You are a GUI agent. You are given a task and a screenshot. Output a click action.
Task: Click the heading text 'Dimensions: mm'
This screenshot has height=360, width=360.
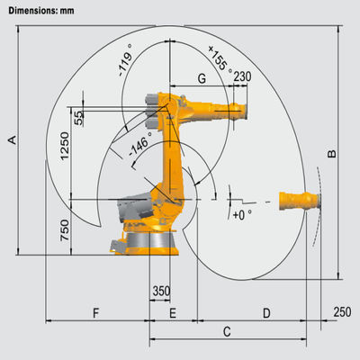point(36,11)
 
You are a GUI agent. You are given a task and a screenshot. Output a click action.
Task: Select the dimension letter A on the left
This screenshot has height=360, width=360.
point(12,139)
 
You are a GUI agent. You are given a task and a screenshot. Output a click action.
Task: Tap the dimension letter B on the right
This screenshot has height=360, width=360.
point(331,154)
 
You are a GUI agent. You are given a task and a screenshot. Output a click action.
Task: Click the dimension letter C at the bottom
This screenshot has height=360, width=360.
point(227,332)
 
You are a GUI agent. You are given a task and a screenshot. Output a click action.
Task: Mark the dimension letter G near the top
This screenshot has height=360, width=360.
point(202,80)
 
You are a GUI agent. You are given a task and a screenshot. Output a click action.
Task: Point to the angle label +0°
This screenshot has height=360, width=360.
point(242,215)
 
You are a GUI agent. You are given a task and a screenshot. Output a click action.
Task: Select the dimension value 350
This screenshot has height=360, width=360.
point(161,291)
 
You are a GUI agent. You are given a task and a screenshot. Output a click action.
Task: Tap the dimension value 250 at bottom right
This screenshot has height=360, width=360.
point(342,311)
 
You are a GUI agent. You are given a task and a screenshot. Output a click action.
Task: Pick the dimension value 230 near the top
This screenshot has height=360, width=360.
point(242,77)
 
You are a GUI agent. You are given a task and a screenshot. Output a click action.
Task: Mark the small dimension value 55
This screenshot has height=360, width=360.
point(79,117)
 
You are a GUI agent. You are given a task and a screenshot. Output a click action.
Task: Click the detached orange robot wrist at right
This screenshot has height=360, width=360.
point(296,199)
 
